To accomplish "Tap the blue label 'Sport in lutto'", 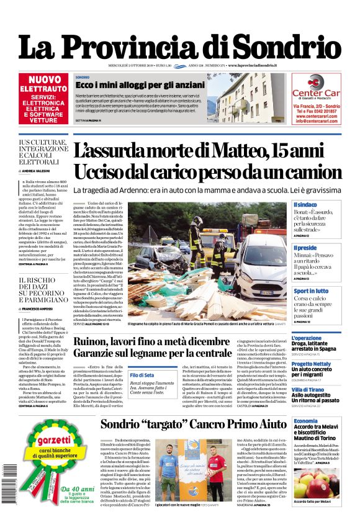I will point(311,291).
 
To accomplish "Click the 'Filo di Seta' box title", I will point(142,375).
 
